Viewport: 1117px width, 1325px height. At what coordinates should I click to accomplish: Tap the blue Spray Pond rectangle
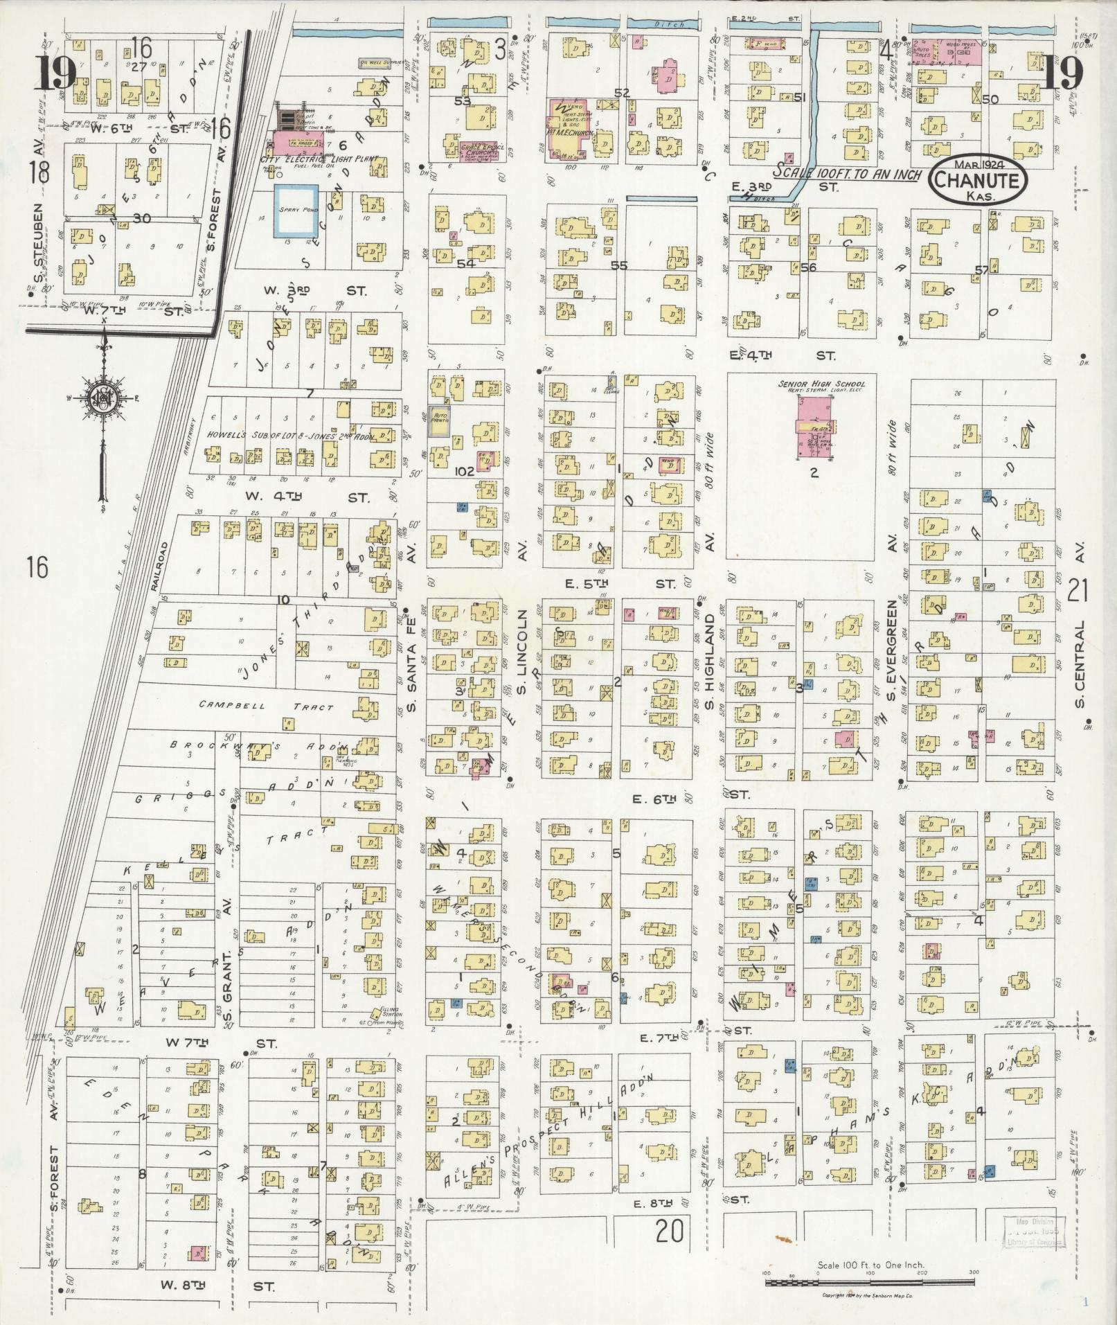coord(296,211)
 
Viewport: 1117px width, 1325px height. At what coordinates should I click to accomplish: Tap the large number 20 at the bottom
coord(670,1231)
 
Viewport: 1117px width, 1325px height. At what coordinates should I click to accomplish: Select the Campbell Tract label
coord(267,707)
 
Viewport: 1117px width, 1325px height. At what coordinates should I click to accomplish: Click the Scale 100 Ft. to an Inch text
coord(849,172)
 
